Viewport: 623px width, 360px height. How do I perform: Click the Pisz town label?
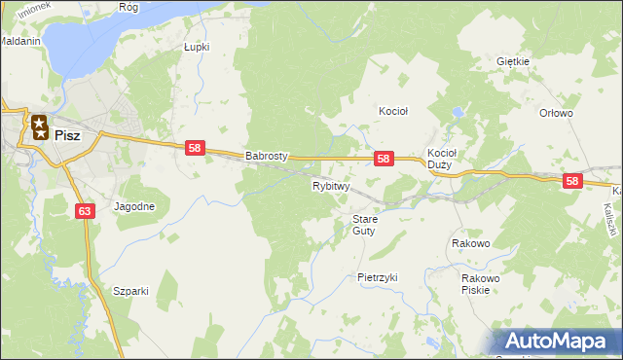click(68, 135)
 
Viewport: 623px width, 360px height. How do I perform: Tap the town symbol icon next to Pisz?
click(39, 126)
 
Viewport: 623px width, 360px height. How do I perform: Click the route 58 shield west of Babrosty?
click(195, 147)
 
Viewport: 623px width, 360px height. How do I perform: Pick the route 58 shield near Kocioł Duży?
click(384, 158)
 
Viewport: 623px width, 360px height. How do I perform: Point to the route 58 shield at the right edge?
click(571, 181)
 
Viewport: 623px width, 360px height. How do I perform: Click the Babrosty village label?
click(268, 155)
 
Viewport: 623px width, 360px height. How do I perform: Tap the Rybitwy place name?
click(331, 186)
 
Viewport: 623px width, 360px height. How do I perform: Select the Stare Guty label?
click(364, 225)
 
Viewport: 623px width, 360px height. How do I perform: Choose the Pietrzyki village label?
click(378, 277)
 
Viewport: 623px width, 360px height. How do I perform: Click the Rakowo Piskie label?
click(481, 283)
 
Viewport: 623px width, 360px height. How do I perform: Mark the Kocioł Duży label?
click(441, 159)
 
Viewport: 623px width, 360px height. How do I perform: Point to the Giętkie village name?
click(512, 61)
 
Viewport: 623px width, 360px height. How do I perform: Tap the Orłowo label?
click(556, 113)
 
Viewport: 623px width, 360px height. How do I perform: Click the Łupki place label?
click(197, 46)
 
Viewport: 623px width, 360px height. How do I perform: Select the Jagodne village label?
click(134, 206)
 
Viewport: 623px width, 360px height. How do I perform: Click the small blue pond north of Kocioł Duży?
click(455, 114)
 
